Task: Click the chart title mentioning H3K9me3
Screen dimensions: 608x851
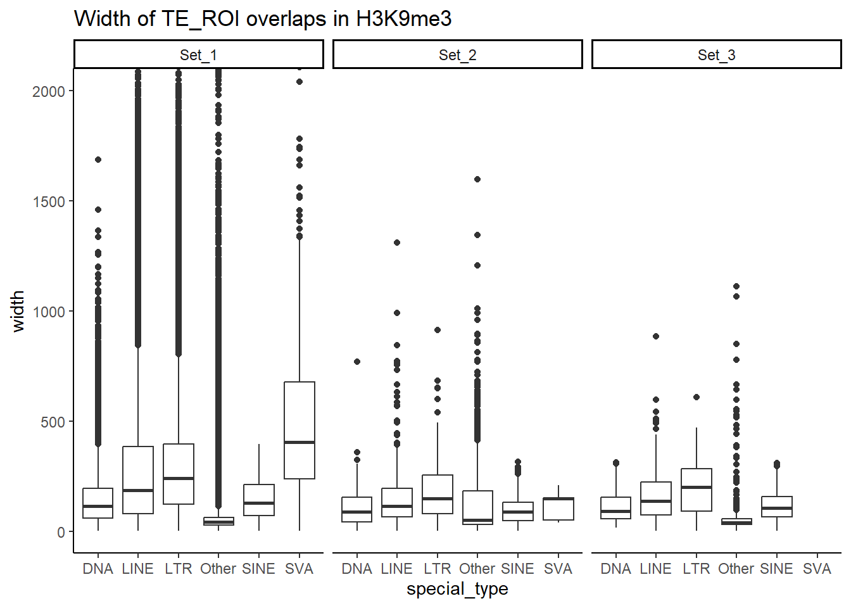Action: [x=263, y=18]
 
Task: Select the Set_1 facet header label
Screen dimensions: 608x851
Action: [x=198, y=55]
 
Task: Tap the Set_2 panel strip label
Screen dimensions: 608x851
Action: [x=457, y=55]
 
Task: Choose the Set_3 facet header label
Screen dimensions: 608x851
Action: [x=716, y=55]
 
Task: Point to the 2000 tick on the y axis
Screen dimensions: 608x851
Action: [x=49, y=91]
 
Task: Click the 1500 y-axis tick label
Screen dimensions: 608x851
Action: [x=49, y=201]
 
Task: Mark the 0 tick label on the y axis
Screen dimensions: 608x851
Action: [x=61, y=532]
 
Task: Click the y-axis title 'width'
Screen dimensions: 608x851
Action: [x=18, y=311]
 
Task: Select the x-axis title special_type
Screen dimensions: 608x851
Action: [x=457, y=589]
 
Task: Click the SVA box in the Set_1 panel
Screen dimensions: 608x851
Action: [x=299, y=430]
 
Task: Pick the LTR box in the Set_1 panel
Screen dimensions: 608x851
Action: [x=179, y=474]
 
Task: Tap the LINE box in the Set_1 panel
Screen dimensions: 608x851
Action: [x=138, y=479]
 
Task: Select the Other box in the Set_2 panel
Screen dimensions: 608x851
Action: [x=477, y=507]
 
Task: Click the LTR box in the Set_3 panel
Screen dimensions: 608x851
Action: [x=697, y=490]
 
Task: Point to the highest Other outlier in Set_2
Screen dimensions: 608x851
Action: [x=477, y=179]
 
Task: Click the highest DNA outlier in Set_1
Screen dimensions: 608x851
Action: [x=98, y=160]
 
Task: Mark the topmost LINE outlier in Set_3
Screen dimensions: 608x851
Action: [x=656, y=336]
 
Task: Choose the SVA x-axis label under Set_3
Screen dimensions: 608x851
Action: [x=817, y=569]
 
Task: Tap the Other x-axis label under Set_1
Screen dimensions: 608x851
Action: [x=218, y=569]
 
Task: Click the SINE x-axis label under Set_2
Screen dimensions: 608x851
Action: [x=517, y=569]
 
